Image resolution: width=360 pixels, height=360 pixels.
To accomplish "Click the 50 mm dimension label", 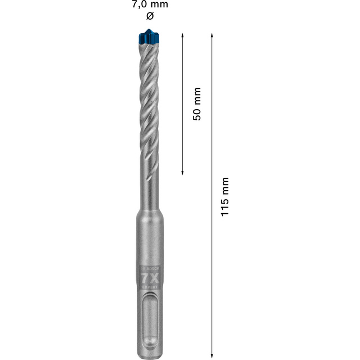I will click(196, 103).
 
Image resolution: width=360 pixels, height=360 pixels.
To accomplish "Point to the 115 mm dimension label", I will click(225, 197).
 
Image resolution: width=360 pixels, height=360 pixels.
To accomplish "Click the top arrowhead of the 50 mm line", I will click(183, 35).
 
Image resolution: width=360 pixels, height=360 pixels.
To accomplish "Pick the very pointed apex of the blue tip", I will click(148, 28).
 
